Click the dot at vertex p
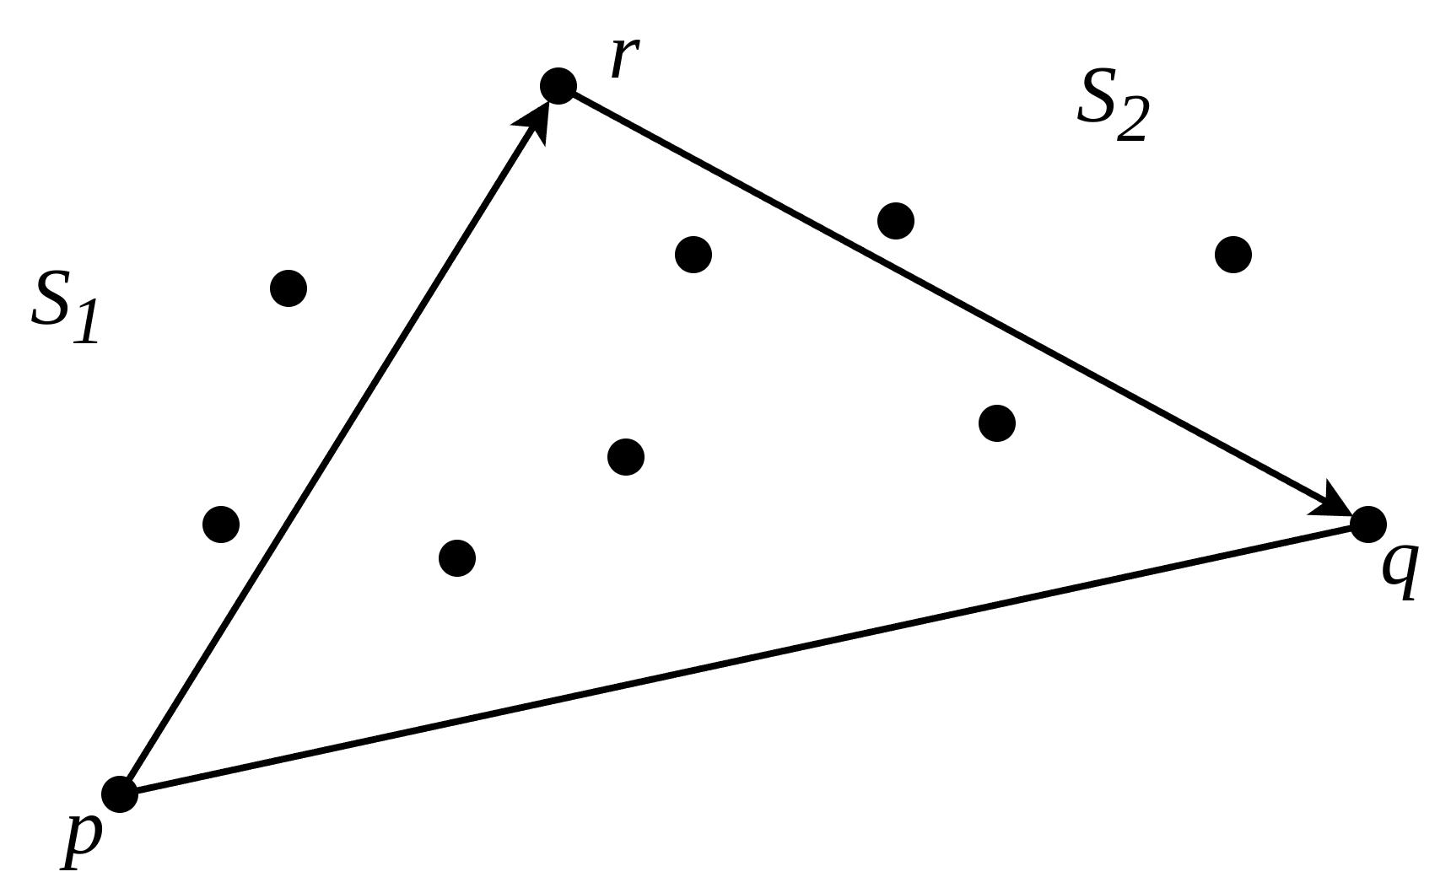[x=120, y=794]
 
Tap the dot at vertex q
[x=1368, y=525]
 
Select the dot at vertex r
[x=558, y=85]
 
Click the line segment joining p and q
[x=742, y=659]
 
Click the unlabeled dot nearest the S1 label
[x=289, y=288]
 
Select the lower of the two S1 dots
[x=221, y=525]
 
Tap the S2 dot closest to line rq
[x=896, y=221]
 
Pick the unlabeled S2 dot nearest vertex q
[x=1233, y=255]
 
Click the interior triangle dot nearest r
[x=693, y=255]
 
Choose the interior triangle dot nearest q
[x=997, y=423]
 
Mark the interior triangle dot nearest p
[x=457, y=558]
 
